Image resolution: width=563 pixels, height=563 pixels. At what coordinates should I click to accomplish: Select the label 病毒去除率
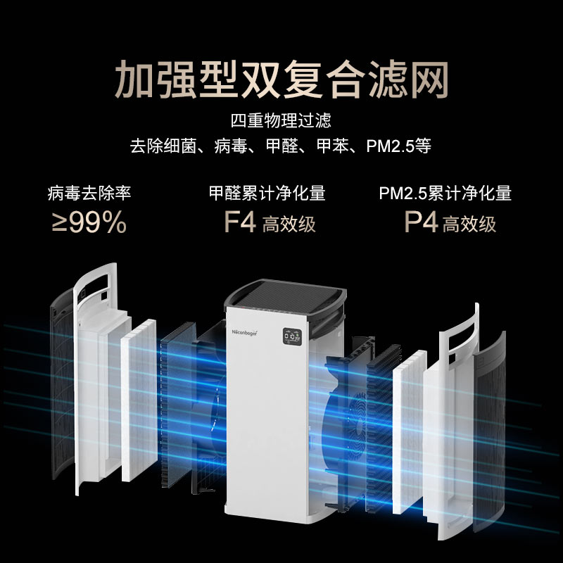click(x=89, y=192)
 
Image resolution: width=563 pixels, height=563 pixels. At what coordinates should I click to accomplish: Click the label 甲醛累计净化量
click(x=267, y=192)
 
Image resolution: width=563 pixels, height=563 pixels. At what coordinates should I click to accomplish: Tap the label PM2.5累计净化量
click(x=445, y=192)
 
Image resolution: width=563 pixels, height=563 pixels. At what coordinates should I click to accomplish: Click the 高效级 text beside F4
click(x=289, y=224)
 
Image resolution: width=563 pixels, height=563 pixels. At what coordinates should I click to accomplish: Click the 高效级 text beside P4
click(x=469, y=224)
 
